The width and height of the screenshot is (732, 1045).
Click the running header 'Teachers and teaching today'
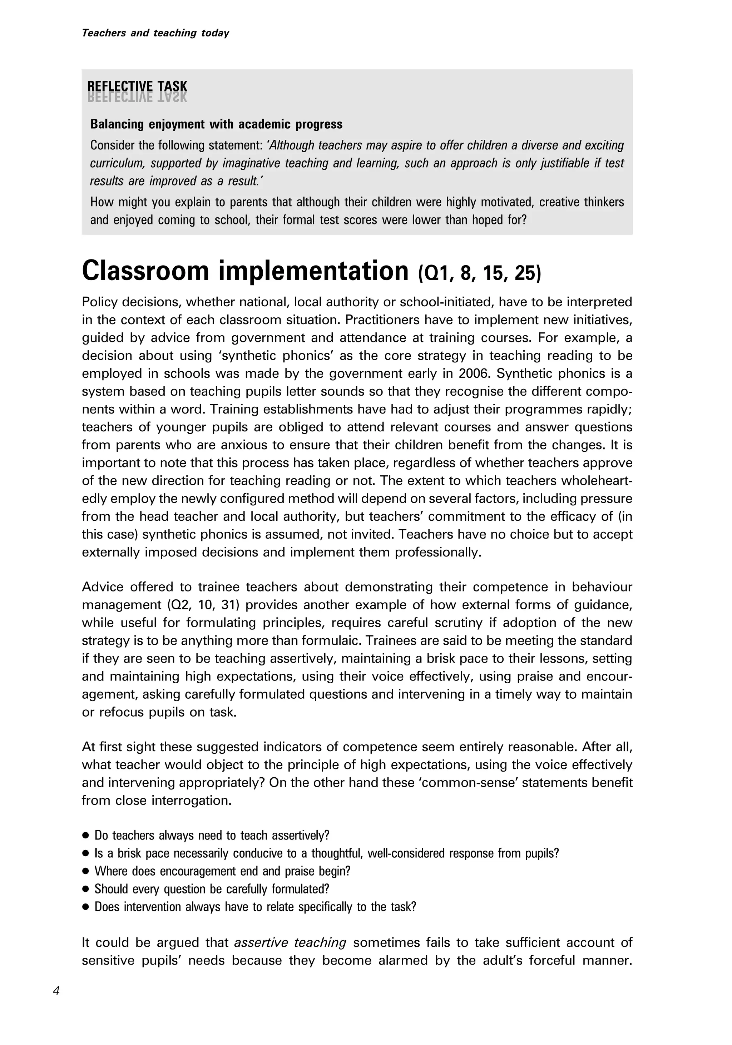click(x=155, y=33)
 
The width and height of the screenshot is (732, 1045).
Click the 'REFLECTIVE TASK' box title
click(x=137, y=86)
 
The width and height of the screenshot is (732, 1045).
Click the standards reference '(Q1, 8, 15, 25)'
click(x=479, y=273)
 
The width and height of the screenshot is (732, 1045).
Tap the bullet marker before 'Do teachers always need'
click(x=85, y=836)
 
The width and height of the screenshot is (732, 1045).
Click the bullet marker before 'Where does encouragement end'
click(x=85, y=872)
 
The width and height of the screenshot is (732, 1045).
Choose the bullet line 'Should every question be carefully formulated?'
click(x=211, y=889)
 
